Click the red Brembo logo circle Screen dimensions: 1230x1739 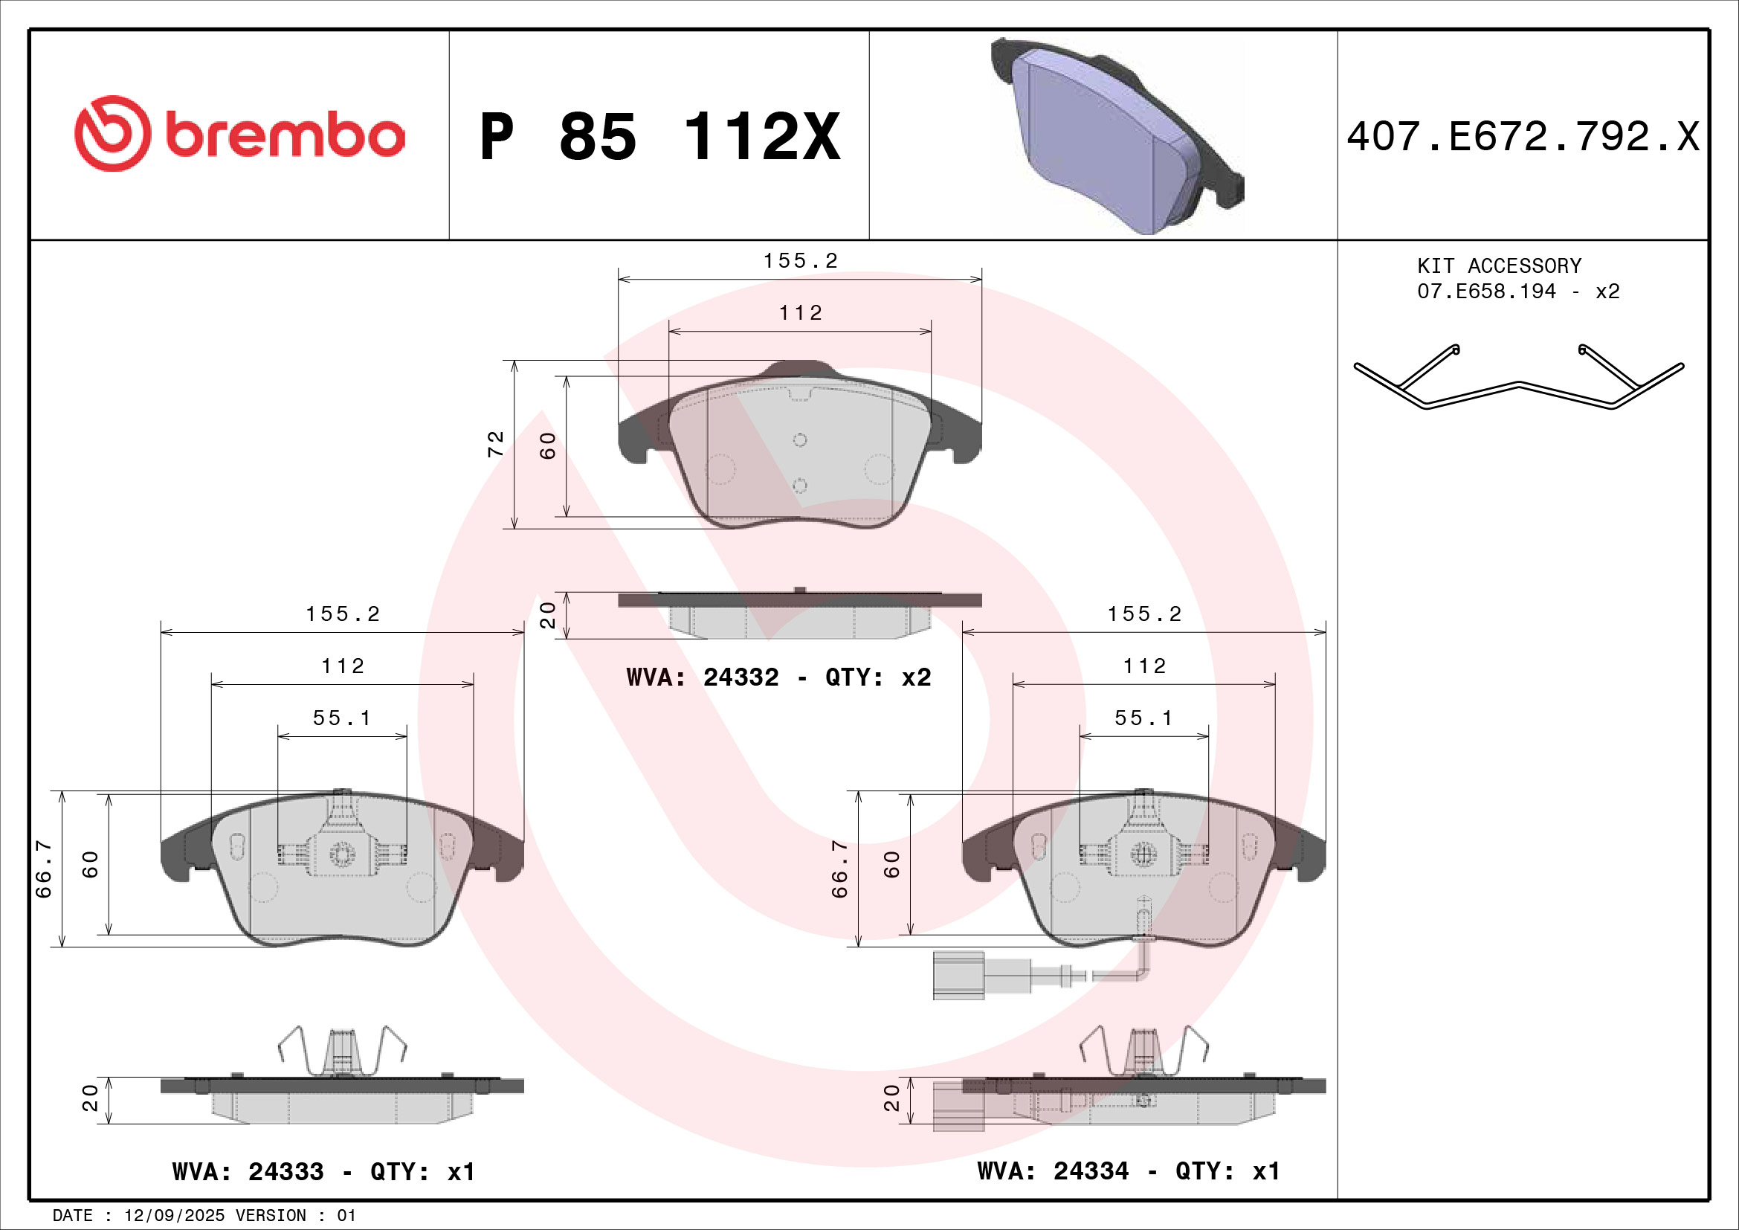coord(112,133)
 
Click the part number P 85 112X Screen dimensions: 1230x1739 coord(659,137)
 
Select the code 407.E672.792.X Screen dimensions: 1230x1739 coord(1523,137)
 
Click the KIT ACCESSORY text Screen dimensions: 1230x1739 coord(1499,265)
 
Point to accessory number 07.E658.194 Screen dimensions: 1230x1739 coord(1486,292)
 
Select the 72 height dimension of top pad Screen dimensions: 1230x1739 coord(494,444)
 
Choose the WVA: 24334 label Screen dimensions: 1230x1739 coord(1052,1171)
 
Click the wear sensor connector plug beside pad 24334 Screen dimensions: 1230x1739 coord(958,976)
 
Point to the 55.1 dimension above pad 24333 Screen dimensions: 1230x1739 coord(341,718)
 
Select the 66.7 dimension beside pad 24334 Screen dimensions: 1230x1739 coord(839,869)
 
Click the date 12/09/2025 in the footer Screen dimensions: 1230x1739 coord(174,1215)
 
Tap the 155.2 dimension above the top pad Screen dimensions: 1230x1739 coord(800,260)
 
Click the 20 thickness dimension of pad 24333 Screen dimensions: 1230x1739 coord(90,1098)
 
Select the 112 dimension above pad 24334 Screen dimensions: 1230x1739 coord(1143,666)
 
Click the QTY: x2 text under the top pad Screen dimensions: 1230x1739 coord(878,677)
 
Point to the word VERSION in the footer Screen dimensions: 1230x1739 coord(271,1215)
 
